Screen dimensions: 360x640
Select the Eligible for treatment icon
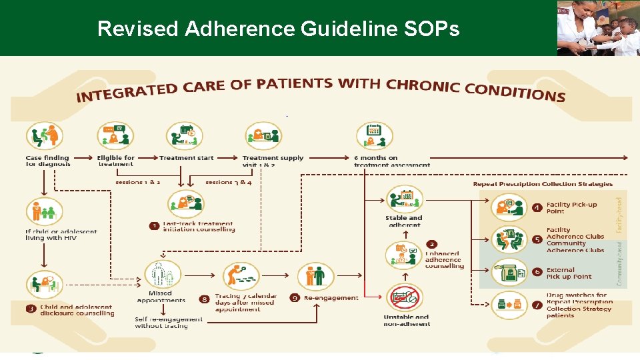click(x=115, y=136)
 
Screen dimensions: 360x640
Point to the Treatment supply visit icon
click(x=262, y=136)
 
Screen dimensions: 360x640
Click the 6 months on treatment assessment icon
click(x=371, y=136)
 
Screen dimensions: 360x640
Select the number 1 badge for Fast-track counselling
click(x=153, y=227)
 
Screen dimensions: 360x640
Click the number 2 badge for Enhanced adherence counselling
click(x=432, y=245)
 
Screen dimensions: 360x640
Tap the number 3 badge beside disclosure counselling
click(x=31, y=308)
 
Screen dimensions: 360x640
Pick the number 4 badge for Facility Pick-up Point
click(x=537, y=208)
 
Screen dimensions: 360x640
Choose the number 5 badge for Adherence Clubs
click(x=537, y=239)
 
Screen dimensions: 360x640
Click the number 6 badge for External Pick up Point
click(x=537, y=273)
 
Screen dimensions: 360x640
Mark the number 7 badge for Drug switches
click(x=537, y=305)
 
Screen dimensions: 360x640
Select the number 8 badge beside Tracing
click(x=204, y=299)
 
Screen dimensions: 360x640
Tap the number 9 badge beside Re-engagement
click(x=294, y=298)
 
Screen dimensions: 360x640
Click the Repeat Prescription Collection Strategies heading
click(x=542, y=184)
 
